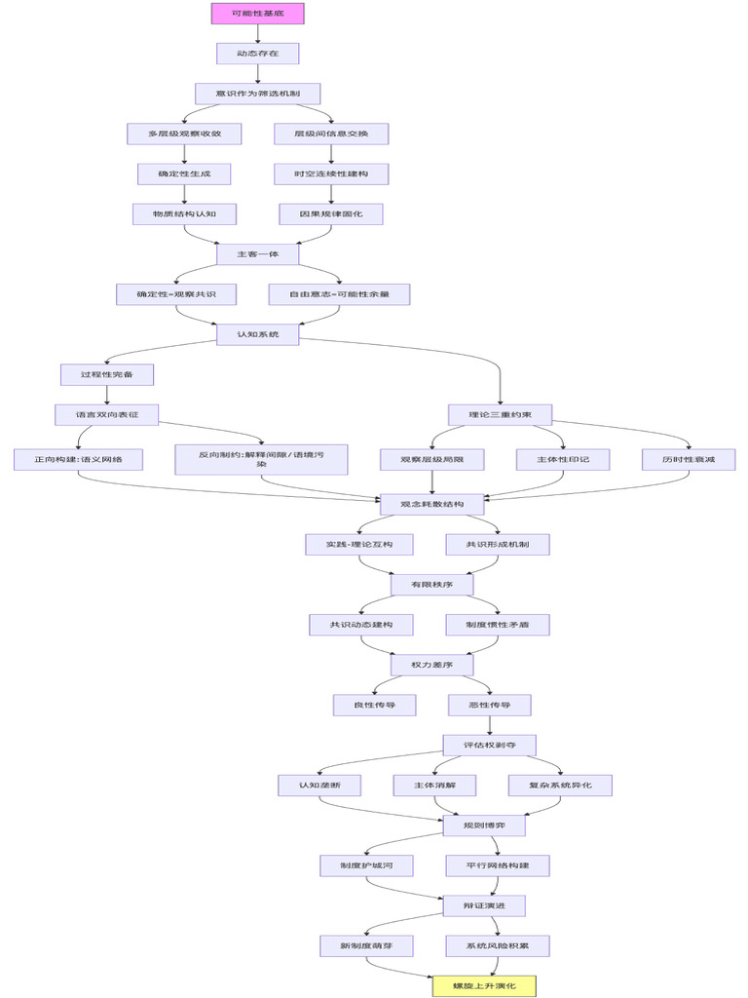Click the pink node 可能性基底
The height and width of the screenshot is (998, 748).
(257, 14)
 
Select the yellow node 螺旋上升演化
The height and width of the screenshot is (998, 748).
(484, 986)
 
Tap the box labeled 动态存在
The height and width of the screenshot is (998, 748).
(257, 54)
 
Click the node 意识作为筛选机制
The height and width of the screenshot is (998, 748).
(257, 94)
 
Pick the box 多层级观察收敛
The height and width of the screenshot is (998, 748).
(184, 134)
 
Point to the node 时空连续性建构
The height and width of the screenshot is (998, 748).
(331, 173)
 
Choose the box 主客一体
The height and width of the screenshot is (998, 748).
(257, 253)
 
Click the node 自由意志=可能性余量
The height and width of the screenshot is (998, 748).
(340, 293)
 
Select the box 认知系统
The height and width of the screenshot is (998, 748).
(257, 334)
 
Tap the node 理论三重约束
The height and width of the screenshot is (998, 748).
(500, 414)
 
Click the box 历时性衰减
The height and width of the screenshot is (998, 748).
(689, 460)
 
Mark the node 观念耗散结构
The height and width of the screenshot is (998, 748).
(431, 504)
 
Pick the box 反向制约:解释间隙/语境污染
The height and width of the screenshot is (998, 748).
(261, 460)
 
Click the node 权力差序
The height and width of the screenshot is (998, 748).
(431, 665)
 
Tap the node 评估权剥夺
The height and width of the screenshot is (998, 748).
(489, 745)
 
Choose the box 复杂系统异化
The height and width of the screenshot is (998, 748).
(560, 785)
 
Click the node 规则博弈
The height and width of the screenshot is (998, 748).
(484, 825)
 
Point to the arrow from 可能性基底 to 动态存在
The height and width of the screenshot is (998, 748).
(257, 33)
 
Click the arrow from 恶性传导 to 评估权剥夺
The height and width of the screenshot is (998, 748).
(489, 725)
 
